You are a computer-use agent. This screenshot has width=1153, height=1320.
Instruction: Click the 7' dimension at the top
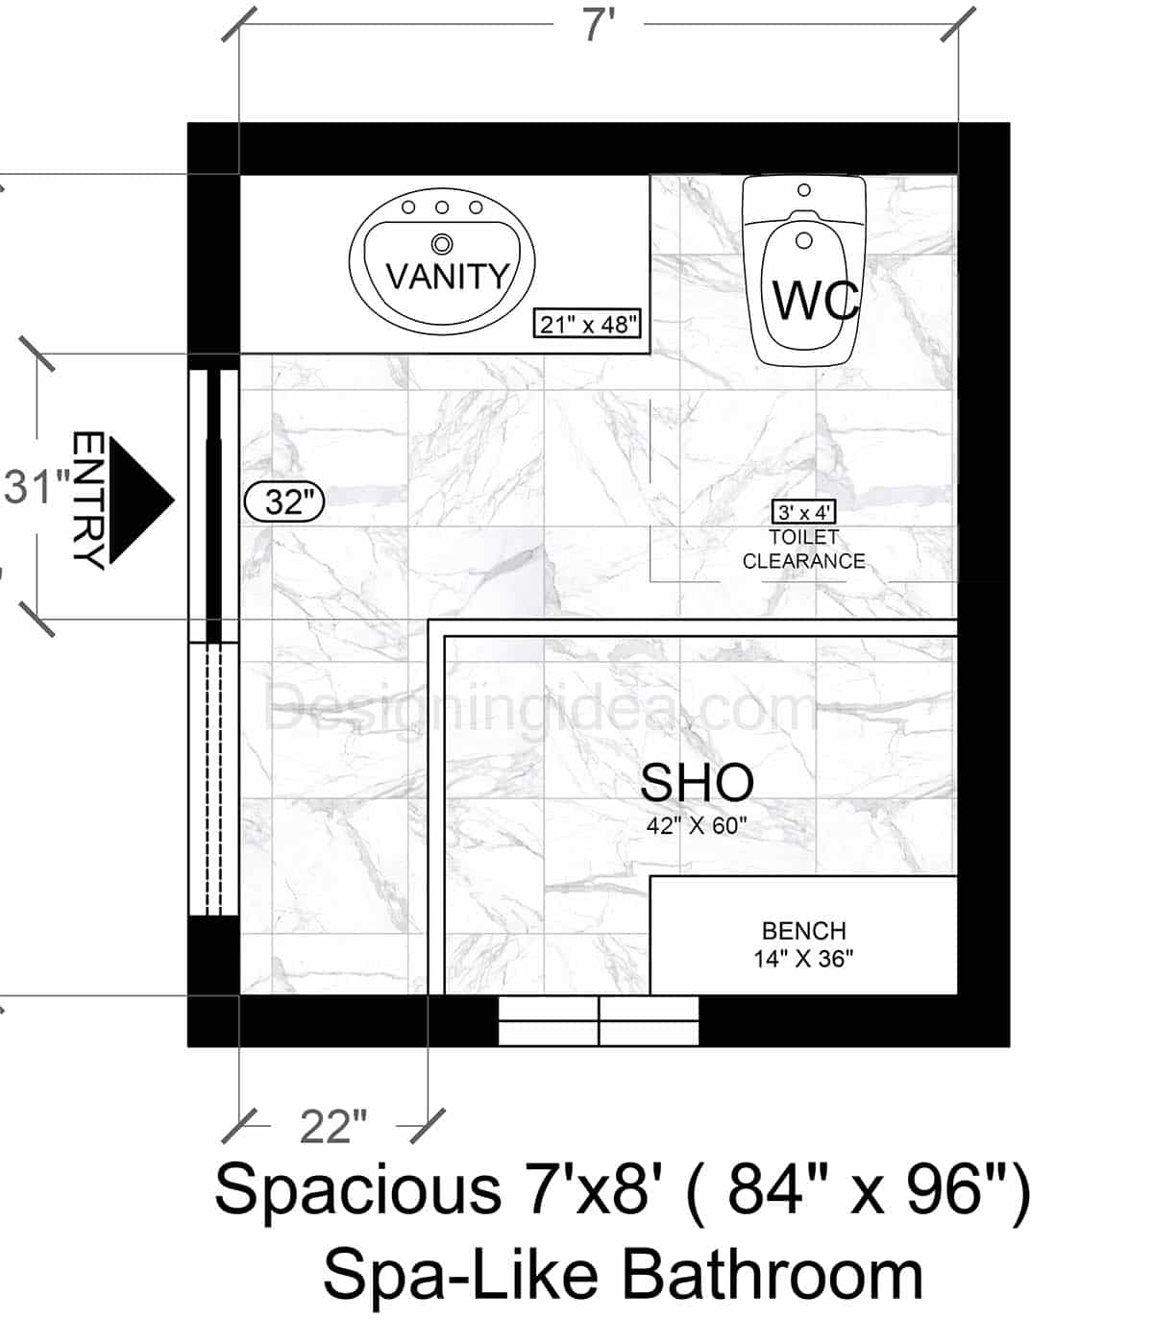[598, 26]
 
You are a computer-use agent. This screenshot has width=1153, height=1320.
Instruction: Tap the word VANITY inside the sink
[447, 277]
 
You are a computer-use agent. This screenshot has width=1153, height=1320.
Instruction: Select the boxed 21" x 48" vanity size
[588, 325]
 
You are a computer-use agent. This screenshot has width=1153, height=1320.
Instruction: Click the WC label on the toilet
[815, 301]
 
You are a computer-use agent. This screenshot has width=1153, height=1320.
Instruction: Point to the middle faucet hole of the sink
[442, 208]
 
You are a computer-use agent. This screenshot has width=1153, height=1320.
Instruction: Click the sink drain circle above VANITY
[442, 242]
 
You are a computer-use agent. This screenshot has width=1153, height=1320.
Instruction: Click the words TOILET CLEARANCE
[804, 550]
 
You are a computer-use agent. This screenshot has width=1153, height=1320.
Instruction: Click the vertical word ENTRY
[88, 501]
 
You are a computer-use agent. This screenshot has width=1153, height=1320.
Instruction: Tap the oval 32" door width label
[285, 501]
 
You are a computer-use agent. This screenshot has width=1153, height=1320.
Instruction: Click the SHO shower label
[697, 783]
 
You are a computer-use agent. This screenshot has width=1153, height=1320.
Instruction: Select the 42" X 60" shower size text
[697, 825]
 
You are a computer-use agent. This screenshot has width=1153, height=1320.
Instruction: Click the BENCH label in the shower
[804, 931]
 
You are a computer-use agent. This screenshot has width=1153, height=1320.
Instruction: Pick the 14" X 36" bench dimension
[804, 959]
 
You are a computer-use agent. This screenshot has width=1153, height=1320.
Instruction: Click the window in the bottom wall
[599, 1020]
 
